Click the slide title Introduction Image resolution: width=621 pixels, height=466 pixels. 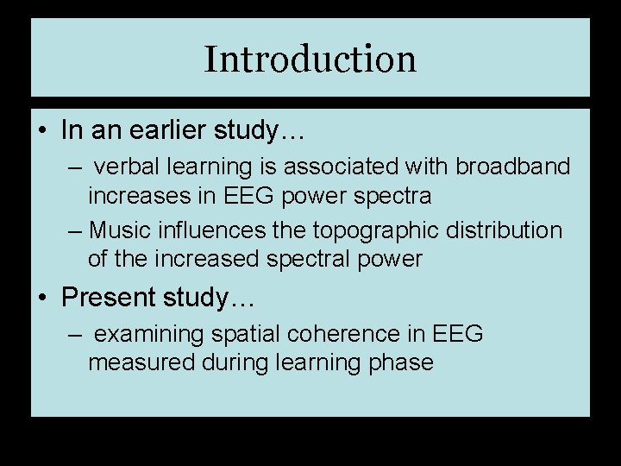[310, 60]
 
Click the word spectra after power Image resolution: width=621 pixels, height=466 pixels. [399, 196]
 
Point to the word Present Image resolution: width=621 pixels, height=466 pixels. [107, 298]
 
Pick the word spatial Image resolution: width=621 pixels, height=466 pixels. [254, 334]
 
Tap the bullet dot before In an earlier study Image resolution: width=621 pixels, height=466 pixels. [41, 132]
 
